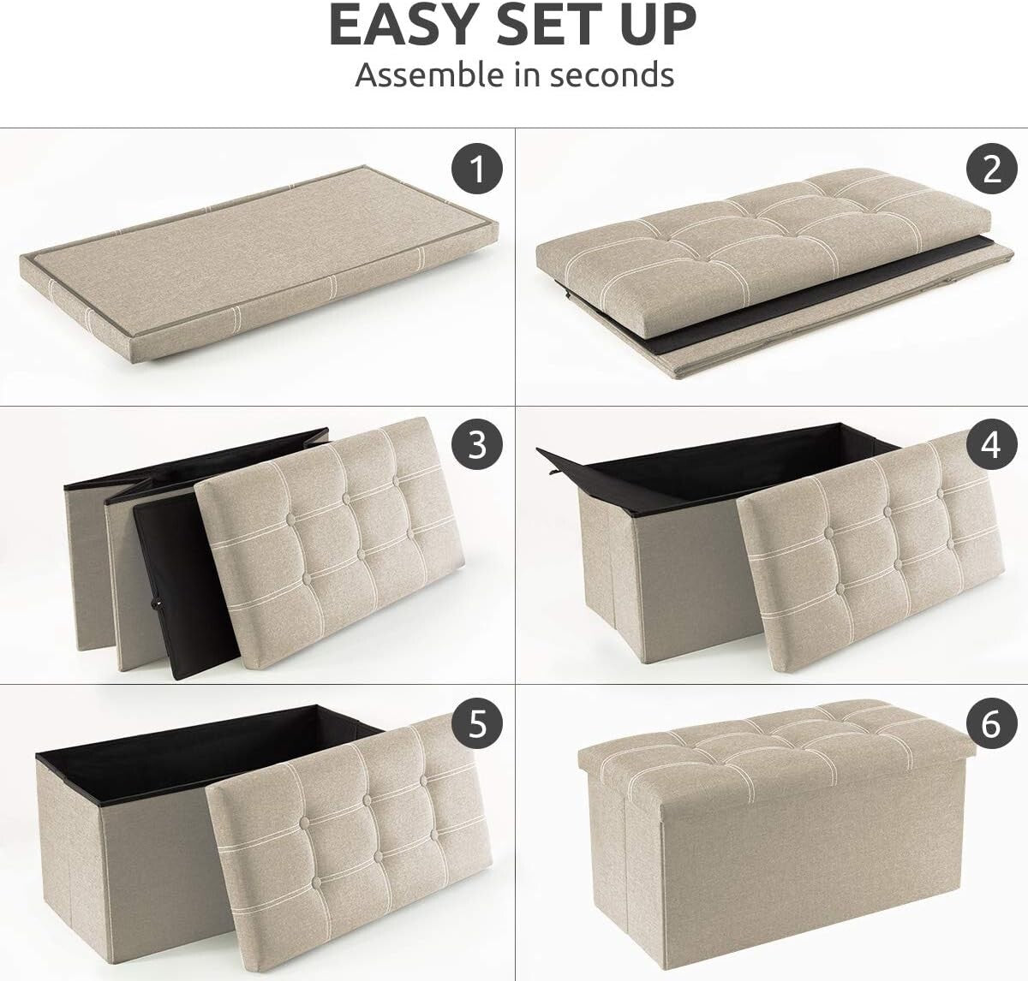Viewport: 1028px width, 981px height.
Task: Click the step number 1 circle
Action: pos(478,169)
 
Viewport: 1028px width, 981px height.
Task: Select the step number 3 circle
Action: pos(478,445)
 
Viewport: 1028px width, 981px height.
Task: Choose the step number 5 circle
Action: pos(478,724)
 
